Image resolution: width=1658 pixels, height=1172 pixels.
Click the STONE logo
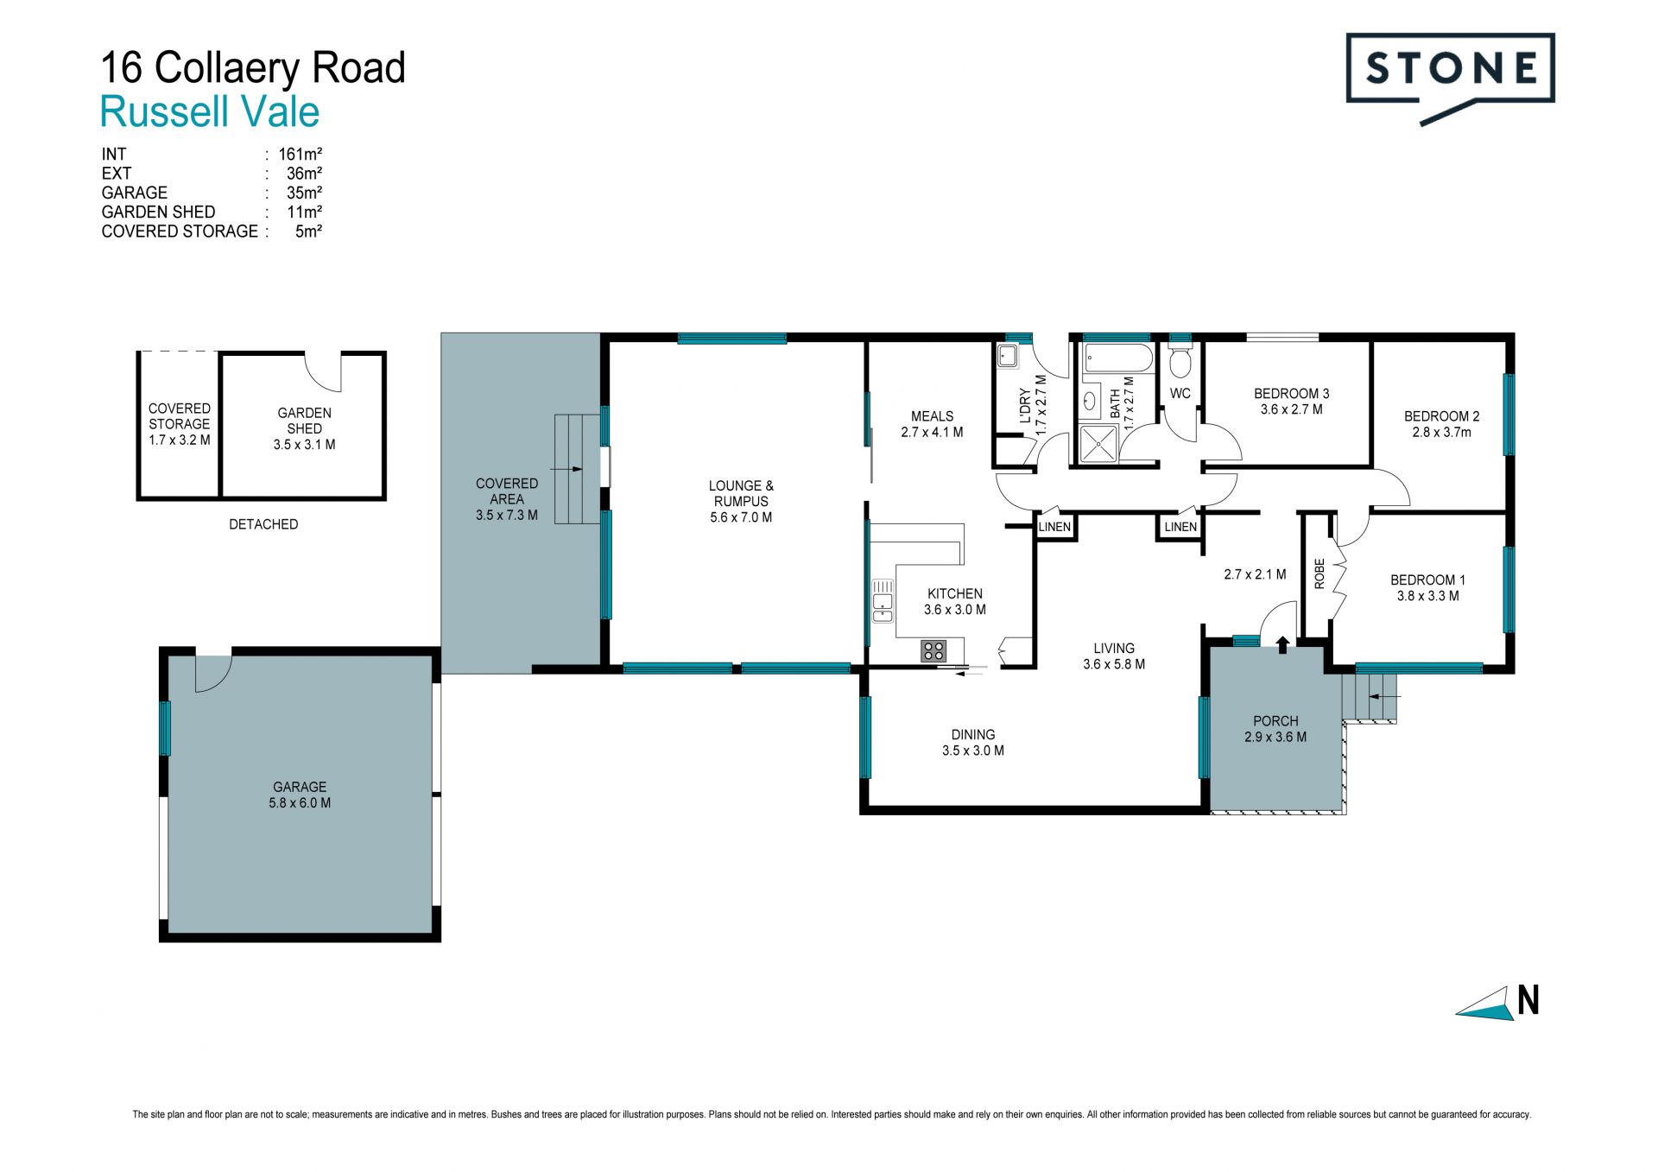coord(1451,78)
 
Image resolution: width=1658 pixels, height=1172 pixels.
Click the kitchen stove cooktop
coord(933,650)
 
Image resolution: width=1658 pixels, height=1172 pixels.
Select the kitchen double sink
coord(883,601)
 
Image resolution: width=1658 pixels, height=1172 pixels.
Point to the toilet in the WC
coord(1180,362)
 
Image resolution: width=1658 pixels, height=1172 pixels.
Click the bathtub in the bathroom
coord(1117,358)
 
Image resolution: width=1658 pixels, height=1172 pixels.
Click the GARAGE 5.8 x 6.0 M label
coord(300,795)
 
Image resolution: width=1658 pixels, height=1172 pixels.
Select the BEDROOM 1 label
coord(1427,580)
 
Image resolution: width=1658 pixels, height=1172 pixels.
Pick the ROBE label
coord(1319,574)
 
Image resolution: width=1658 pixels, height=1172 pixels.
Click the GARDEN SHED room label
coord(304,421)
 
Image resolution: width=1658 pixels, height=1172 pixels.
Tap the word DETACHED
coord(263,524)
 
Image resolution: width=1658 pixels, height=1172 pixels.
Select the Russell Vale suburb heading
coord(210,112)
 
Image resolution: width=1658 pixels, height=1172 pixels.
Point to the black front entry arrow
coord(1282,643)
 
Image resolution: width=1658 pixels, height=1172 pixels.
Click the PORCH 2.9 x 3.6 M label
coord(1275,729)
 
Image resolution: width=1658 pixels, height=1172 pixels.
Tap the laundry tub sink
coord(1007,356)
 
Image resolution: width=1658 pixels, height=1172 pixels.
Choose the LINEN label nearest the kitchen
coord(1054,527)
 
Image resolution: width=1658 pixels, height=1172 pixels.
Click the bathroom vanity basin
coord(1090,401)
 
